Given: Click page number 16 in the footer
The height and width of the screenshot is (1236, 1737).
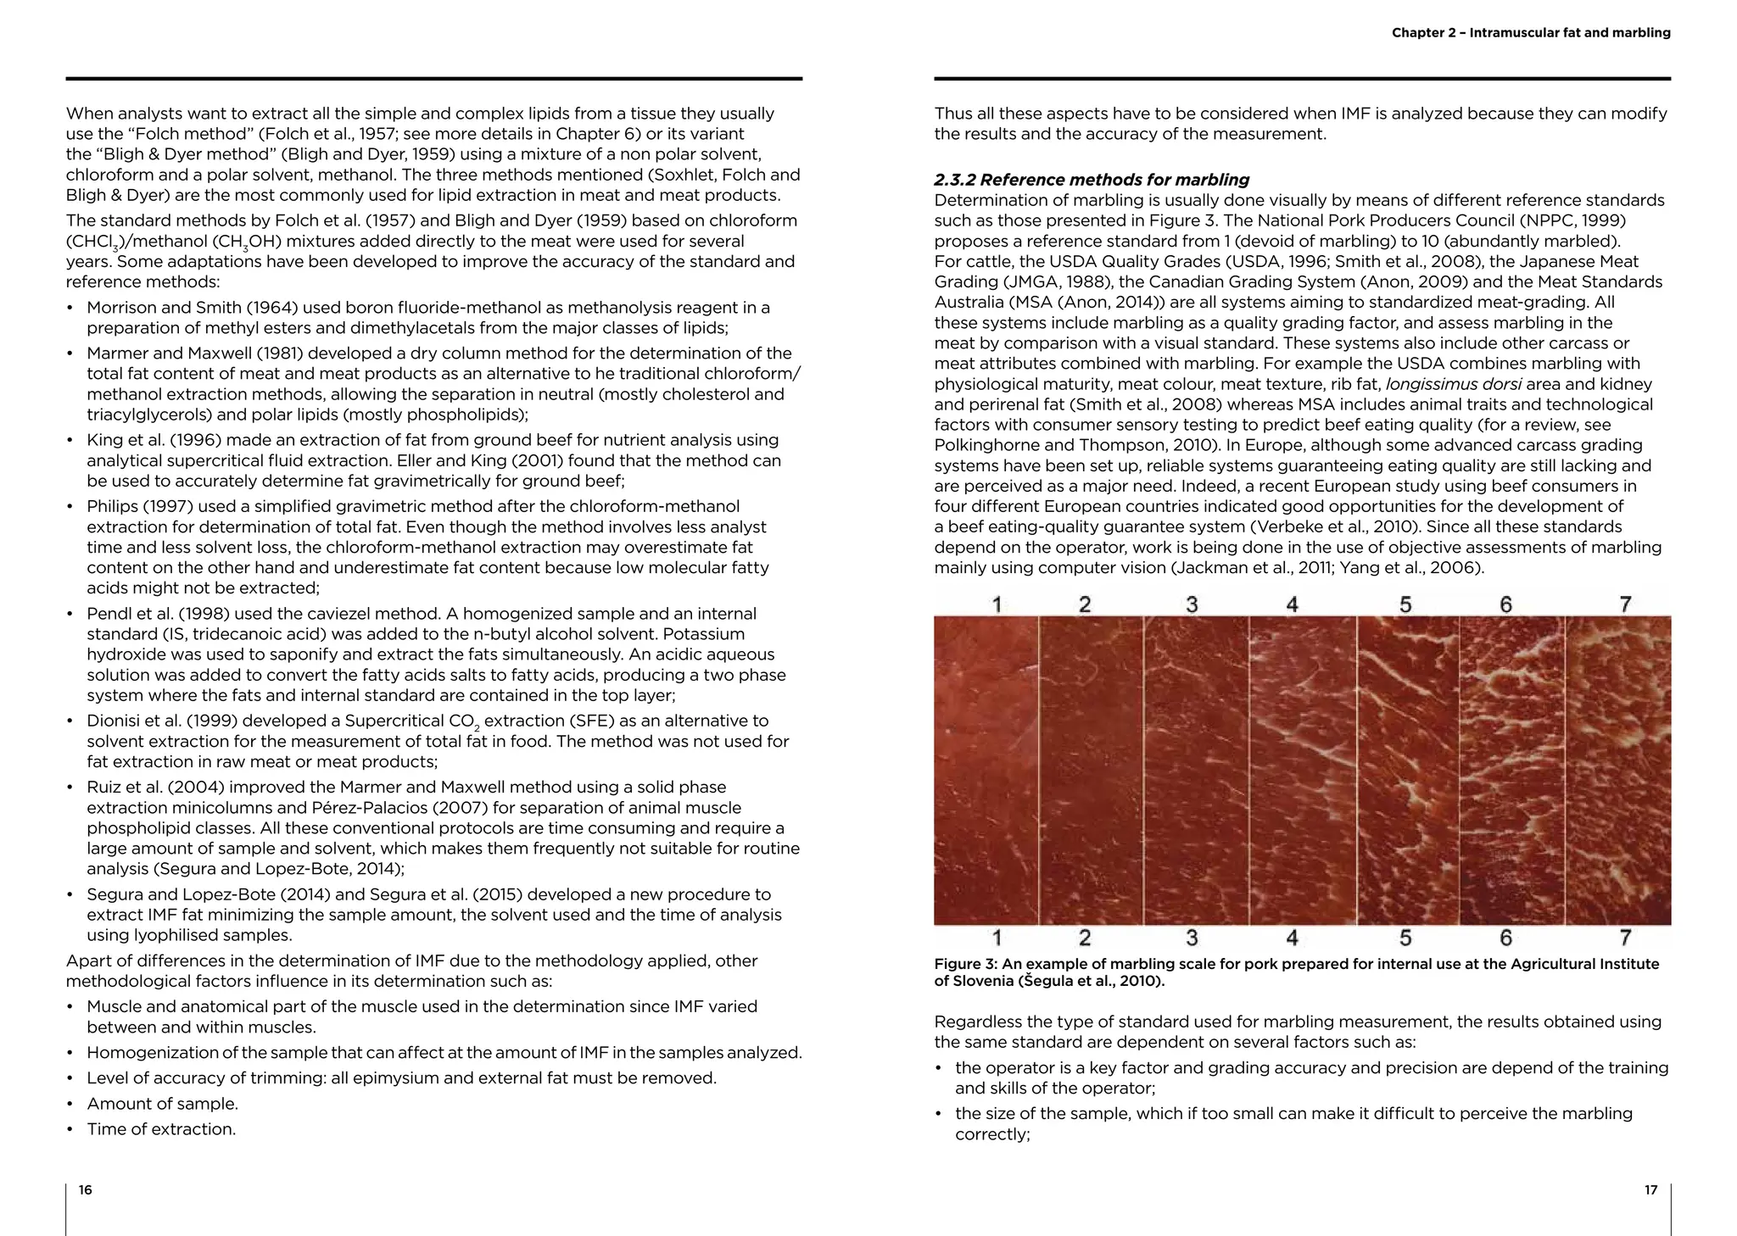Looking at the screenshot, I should (x=85, y=1190).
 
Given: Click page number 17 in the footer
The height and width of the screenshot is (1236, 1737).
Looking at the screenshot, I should (x=1650, y=1190).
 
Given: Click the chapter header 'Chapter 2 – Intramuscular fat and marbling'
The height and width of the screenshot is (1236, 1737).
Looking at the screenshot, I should (x=1531, y=33).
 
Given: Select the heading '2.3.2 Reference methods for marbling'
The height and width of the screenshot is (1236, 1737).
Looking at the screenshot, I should (x=1092, y=180).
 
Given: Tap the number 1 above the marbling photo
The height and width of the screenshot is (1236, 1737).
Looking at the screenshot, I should (x=997, y=604).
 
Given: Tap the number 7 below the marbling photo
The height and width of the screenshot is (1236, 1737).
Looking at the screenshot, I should (x=1625, y=938).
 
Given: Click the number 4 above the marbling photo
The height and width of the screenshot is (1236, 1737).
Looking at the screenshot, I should (x=1292, y=604).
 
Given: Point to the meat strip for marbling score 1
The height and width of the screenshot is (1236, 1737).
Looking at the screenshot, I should (x=986, y=770).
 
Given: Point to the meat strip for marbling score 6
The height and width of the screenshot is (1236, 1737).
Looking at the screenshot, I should (x=1511, y=770).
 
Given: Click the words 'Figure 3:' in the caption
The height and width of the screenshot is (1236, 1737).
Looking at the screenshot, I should (x=964, y=964).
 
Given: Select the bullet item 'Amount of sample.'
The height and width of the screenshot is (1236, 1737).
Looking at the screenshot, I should (x=162, y=1104).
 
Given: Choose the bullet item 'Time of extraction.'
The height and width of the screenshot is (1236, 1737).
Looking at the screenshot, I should (x=161, y=1129).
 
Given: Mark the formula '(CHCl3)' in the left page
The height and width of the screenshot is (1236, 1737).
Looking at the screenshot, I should (x=95, y=242).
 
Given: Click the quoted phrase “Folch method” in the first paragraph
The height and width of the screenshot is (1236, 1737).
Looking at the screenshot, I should (x=187, y=134).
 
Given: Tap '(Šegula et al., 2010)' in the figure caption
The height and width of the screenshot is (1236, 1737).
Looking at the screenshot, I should (x=1092, y=982).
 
